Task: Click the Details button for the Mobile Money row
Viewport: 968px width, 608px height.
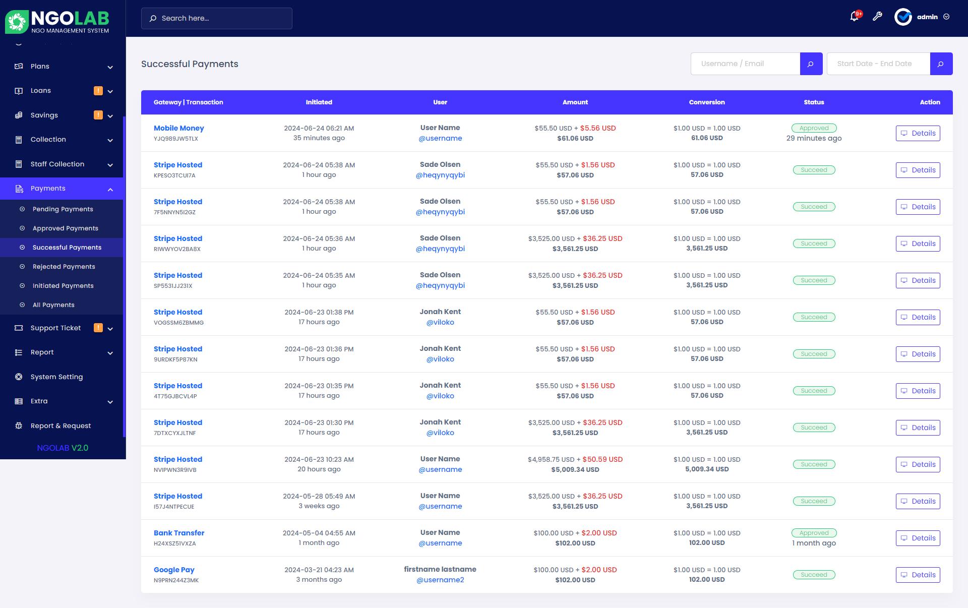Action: (x=918, y=133)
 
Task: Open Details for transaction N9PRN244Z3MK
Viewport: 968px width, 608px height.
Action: (x=918, y=575)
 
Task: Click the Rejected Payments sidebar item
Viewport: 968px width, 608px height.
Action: (x=64, y=267)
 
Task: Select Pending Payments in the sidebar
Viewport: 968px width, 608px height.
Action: (x=63, y=209)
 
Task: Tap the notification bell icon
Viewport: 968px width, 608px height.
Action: (x=854, y=17)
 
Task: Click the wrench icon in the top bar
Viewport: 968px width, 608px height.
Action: (x=877, y=17)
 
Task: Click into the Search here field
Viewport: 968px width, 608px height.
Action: (x=222, y=18)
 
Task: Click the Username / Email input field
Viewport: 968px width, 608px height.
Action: (x=745, y=64)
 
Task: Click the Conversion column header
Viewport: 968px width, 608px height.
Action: (x=707, y=102)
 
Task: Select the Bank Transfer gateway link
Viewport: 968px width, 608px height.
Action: (x=179, y=533)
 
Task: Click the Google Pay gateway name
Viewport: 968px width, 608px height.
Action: (x=174, y=570)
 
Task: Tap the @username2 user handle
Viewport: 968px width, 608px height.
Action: (x=440, y=580)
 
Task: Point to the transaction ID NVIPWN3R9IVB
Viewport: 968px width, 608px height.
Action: (x=175, y=470)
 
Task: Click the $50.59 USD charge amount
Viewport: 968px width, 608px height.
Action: (x=602, y=459)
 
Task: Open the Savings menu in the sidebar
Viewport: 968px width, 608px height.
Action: (x=44, y=115)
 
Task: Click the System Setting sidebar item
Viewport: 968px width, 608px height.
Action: (x=56, y=377)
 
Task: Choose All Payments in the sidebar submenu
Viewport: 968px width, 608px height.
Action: (x=53, y=305)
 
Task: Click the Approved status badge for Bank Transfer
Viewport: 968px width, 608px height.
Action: (x=814, y=533)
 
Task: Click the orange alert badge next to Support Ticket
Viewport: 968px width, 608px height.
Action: (x=98, y=328)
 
